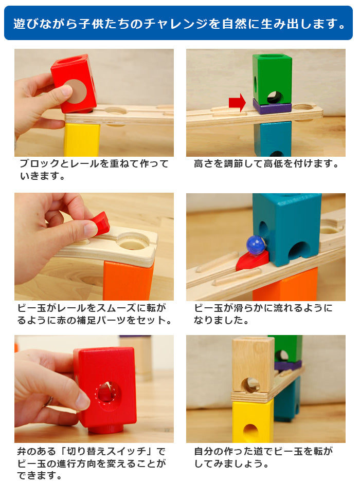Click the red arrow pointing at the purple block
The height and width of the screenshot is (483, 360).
point(237,102)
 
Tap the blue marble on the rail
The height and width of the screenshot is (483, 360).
point(256,244)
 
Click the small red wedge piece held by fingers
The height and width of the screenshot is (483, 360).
point(101,224)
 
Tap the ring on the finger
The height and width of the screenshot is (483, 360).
point(48,401)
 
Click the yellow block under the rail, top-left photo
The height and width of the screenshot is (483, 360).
point(82,140)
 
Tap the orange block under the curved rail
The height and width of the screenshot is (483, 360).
point(128,281)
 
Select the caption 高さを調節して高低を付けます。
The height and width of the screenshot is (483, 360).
point(266,163)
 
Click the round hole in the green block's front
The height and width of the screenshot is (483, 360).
point(275,97)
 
